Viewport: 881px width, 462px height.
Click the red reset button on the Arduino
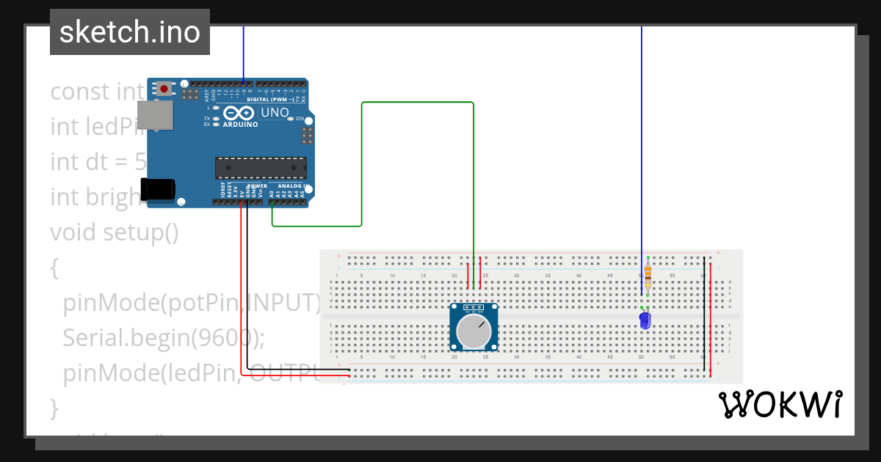click(164, 89)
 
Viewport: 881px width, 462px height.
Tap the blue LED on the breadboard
click(645, 320)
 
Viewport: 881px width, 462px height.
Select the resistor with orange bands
click(648, 276)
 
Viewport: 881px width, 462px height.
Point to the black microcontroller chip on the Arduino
click(261, 168)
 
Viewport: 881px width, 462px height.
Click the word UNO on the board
click(275, 113)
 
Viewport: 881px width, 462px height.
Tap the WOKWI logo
click(780, 404)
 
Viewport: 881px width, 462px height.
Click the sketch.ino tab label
click(130, 32)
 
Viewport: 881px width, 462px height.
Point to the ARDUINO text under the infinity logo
click(240, 125)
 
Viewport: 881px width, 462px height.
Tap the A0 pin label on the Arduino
click(272, 194)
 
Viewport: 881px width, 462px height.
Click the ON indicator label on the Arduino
click(300, 118)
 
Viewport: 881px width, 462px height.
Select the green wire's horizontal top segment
click(417, 103)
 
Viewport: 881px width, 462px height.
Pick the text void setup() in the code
click(115, 232)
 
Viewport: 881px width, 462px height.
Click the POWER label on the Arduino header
click(257, 186)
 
